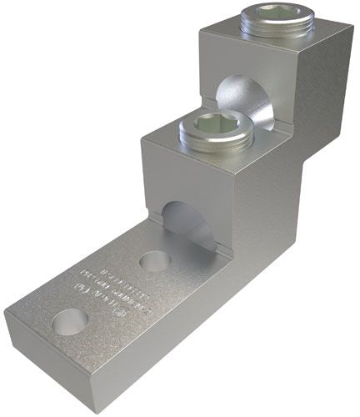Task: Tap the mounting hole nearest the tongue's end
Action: click(70, 320)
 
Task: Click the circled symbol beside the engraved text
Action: click(81, 293)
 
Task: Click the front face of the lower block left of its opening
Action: click(153, 196)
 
